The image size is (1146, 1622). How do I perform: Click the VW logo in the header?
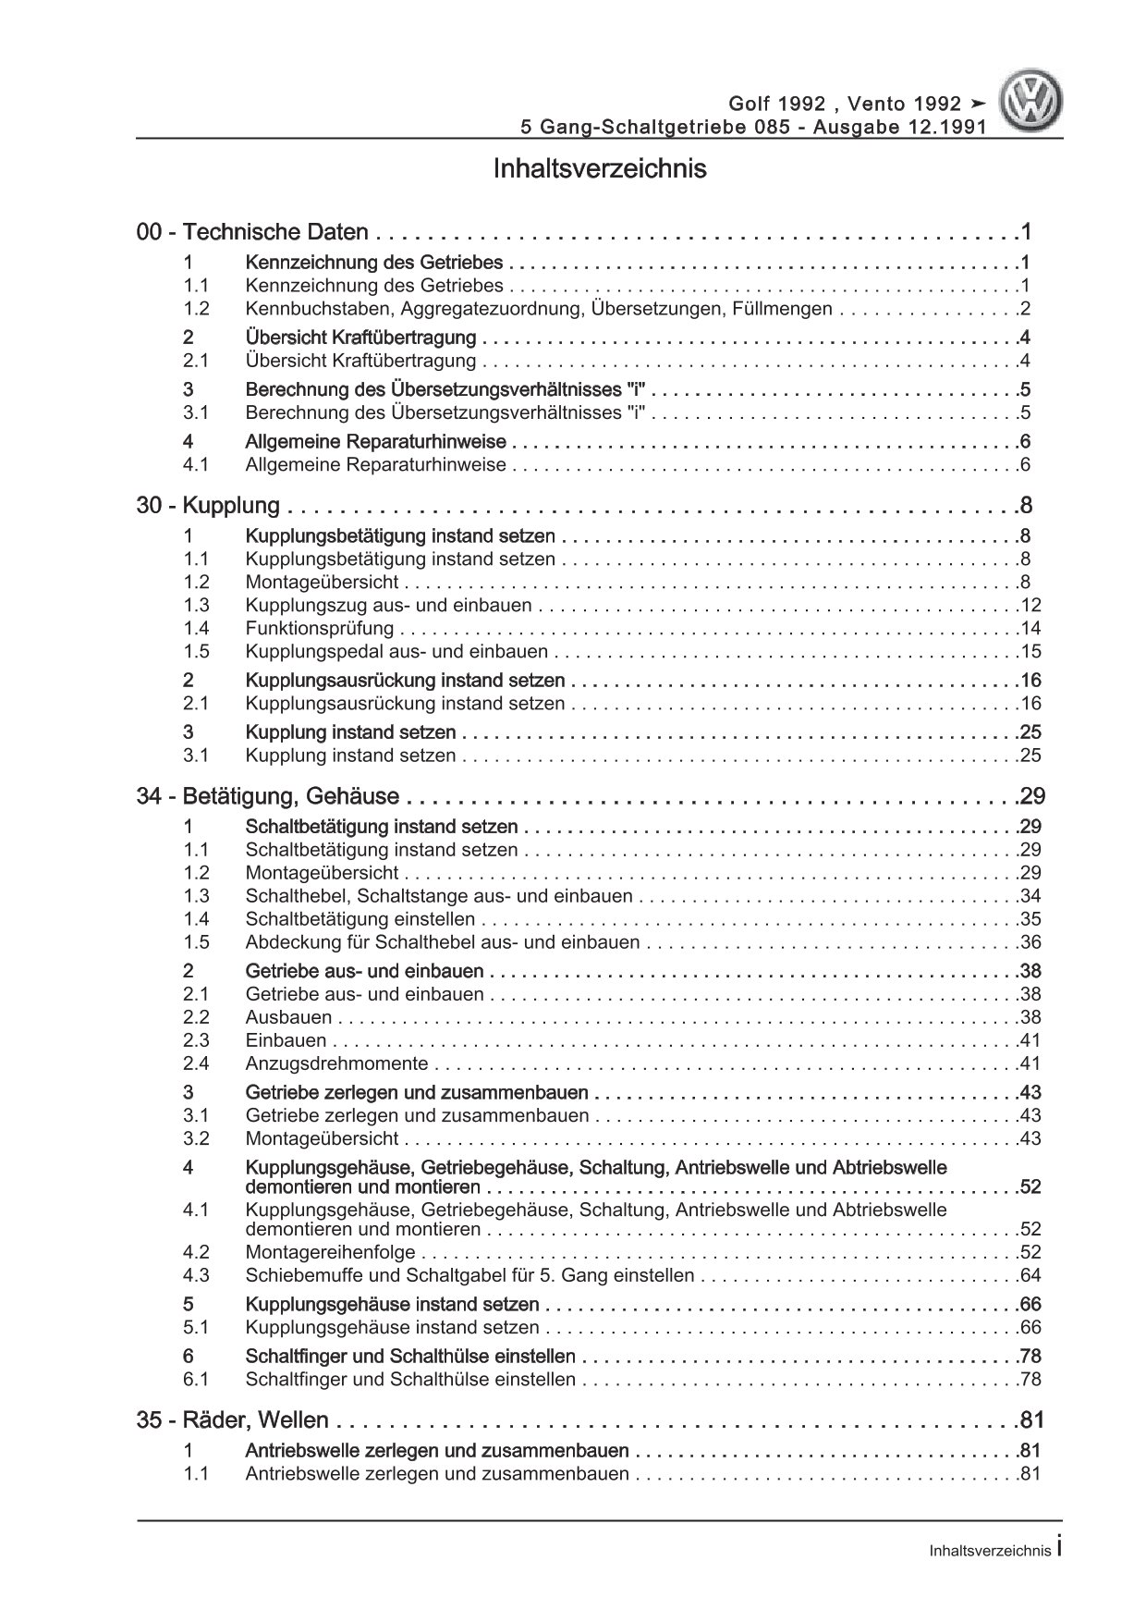tap(1033, 103)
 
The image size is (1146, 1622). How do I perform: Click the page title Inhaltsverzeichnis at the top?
tap(600, 169)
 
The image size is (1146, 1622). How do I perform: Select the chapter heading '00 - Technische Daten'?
tap(252, 233)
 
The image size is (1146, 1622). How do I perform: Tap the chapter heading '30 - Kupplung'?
tap(208, 506)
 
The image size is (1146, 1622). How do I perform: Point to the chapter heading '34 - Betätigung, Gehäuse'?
tap(267, 796)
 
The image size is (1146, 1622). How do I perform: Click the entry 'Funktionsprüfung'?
tap(320, 629)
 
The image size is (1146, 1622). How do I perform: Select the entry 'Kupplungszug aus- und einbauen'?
tap(388, 606)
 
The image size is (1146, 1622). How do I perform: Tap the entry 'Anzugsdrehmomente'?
tap(336, 1063)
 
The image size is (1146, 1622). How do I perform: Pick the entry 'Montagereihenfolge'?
tap(330, 1253)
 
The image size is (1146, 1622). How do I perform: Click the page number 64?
tap(1030, 1276)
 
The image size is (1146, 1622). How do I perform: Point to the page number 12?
tap(1030, 606)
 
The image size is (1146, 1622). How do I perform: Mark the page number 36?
tap(1030, 942)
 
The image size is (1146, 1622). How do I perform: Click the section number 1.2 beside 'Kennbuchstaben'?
tap(196, 310)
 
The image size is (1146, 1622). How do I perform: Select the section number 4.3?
tap(196, 1276)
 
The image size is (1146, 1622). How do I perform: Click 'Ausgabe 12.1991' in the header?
tap(898, 128)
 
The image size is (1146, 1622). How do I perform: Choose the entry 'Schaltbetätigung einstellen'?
tap(360, 919)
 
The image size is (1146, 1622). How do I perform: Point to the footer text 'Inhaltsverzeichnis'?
tap(990, 1552)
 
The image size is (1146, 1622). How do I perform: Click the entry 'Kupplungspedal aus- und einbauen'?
tap(398, 652)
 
